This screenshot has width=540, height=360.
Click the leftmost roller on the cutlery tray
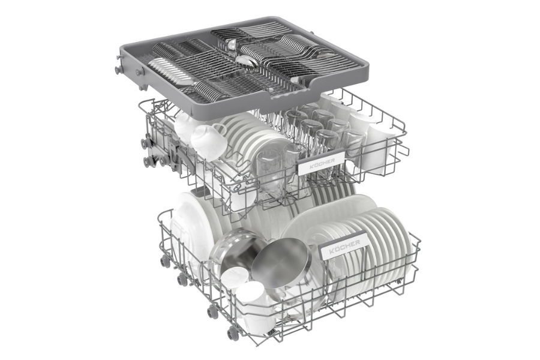[x=119, y=70]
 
